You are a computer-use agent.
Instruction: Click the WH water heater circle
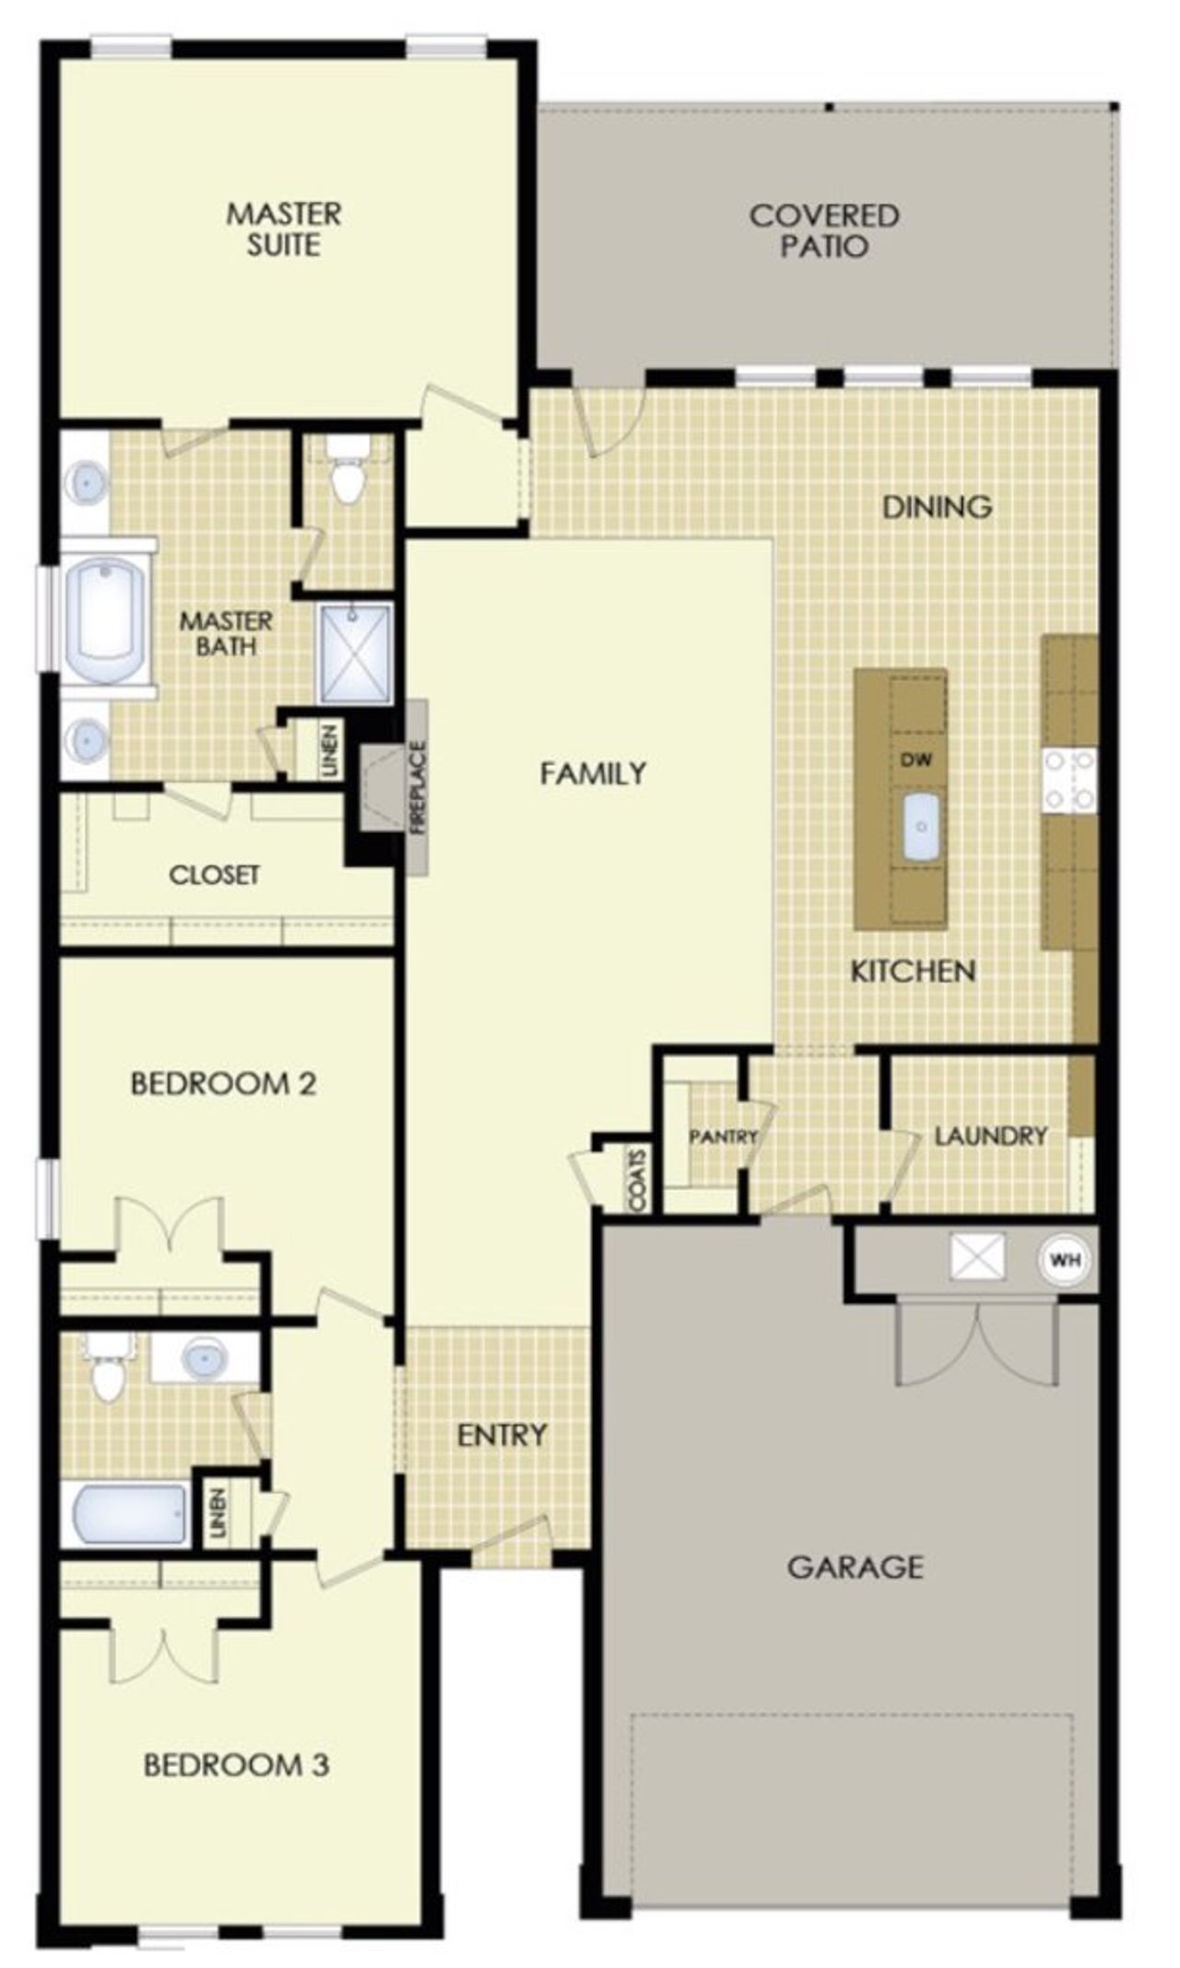(1066, 1259)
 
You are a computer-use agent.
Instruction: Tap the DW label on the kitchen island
(915, 760)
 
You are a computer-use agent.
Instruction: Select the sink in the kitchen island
(921, 827)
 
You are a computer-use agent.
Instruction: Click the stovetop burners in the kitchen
(1069, 780)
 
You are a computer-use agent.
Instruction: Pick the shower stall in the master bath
(356, 653)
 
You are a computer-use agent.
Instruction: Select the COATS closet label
(637, 1180)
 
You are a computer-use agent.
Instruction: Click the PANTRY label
(723, 1137)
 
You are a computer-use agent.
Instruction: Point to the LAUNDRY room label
(991, 1136)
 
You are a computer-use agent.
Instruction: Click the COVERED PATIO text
(823, 230)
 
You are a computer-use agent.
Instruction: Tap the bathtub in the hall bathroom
(129, 1514)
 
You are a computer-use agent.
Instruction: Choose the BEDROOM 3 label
(236, 1765)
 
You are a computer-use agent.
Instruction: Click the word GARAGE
(855, 1566)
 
